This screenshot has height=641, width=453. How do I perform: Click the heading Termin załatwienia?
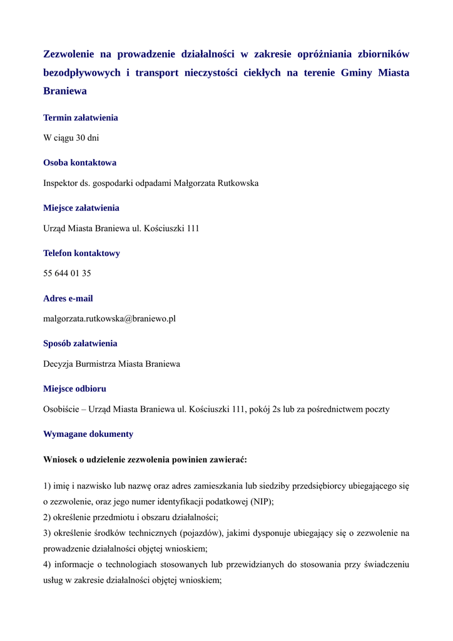[x=80, y=118]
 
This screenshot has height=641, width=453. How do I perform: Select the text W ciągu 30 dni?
[x=71, y=138]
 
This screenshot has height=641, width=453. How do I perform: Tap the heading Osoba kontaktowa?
[x=79, y=163]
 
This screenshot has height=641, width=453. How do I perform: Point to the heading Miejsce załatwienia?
[x=81, y=208]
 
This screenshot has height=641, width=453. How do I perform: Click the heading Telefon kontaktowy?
[x=81, y=254]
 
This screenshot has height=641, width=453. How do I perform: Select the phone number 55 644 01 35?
[x=67, y=274]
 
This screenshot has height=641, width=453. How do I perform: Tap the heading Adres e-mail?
[x=68, y=299]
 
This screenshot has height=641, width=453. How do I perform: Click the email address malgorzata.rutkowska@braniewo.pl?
[x=109, y=319]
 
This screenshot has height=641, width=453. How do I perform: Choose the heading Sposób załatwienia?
[x=80, y=344]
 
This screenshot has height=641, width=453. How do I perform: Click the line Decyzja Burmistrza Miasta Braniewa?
[x=111, y=364]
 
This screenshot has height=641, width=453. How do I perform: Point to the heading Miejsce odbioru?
[x=74, y=389]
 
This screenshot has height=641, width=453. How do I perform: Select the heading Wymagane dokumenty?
[x=88, y=434]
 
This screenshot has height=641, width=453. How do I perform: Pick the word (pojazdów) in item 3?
[x=201, y=533]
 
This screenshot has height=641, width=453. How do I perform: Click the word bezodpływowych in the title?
[x=81, y=73]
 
